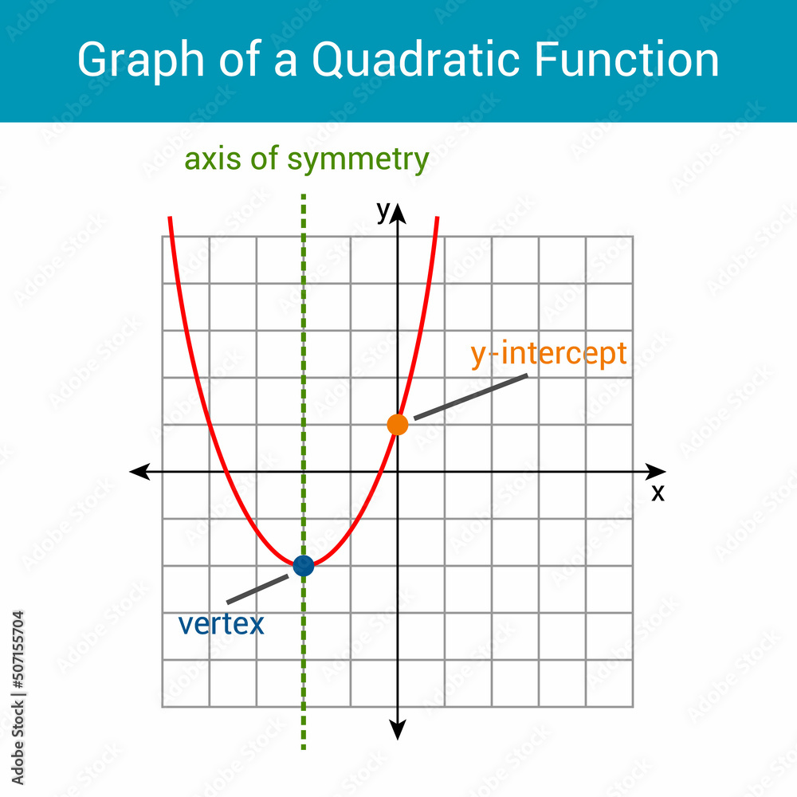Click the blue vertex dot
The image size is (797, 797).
click(304, 566)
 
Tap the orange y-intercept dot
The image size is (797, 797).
click(398, 425)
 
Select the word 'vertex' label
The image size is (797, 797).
click(221, 624)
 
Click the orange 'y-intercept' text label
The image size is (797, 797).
click(548, 355)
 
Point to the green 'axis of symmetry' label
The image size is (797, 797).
click(307, 159)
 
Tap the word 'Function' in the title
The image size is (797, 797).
click(626, 59)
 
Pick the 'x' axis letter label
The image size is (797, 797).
click(658, 493)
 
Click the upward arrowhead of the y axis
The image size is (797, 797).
click(398, 214)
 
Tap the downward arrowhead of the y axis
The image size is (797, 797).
click(398, 730)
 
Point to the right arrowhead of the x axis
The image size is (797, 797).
click(656, 472)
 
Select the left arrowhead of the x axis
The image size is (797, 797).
click(139, 472)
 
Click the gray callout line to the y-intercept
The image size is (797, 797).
click(471, 397)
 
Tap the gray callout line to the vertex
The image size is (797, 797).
click(257, 589)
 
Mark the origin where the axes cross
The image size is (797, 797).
click(398, 472)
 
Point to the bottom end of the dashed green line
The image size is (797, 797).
click(304, 748)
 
